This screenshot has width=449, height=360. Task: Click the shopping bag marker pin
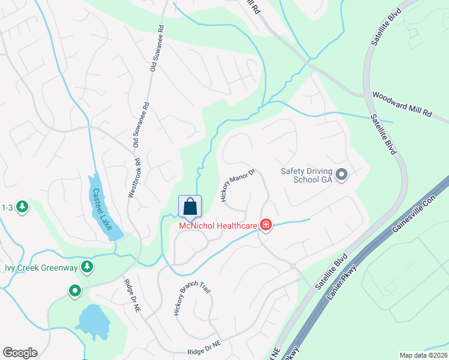tap(190, 207)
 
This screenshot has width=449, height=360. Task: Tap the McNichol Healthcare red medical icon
tap(265, 226)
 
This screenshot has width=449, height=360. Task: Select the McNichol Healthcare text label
tap(218, 226)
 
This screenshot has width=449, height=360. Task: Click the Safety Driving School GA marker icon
tap(342, 175)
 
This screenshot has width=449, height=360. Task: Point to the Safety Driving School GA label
tap(307, 175)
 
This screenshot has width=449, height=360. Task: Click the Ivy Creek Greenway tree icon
tap(88, 266)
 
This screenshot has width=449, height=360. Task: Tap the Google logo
tap(20, 353)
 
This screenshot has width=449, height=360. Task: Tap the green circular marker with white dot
tap(74, 292)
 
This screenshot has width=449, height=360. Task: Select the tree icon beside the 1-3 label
tap(23, 207)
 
